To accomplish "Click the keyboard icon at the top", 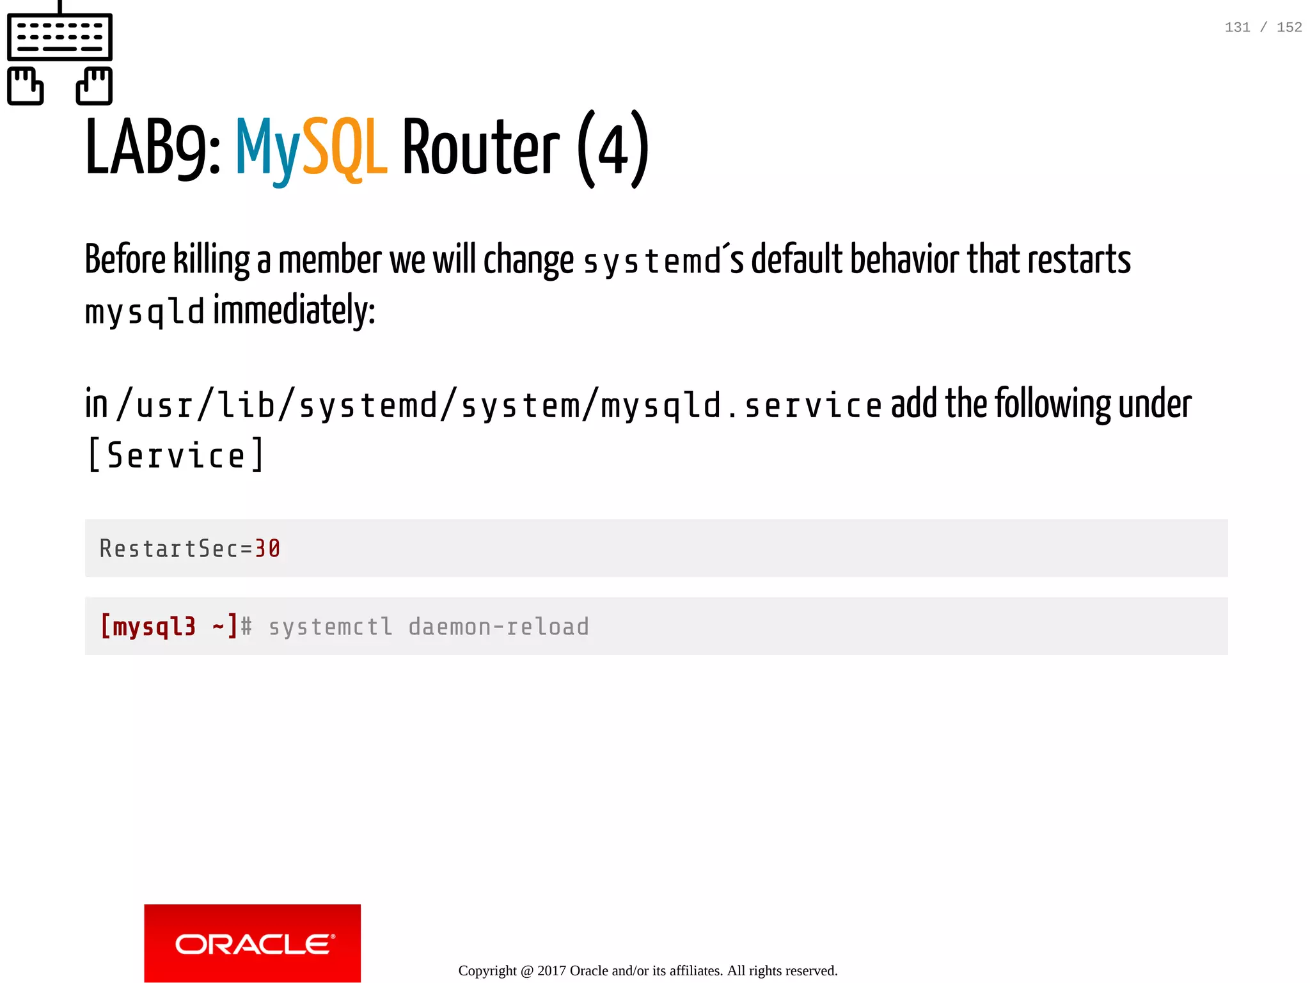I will [x=59, y=36].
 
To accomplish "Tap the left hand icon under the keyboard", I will [x=26, y=86].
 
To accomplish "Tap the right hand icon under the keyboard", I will [x=94, y=86].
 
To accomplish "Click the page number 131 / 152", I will [x=1263, y=28].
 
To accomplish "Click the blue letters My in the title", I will [x=268, y=150].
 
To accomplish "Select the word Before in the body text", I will [x=125, y=260].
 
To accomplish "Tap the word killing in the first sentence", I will [x=212, y=260].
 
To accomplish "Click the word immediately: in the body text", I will [x=294, y=311].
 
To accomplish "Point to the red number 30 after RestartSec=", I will [x=267, y=549].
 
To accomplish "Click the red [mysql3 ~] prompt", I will [x=169, y=626].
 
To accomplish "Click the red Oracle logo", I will [x=253, y=943].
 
